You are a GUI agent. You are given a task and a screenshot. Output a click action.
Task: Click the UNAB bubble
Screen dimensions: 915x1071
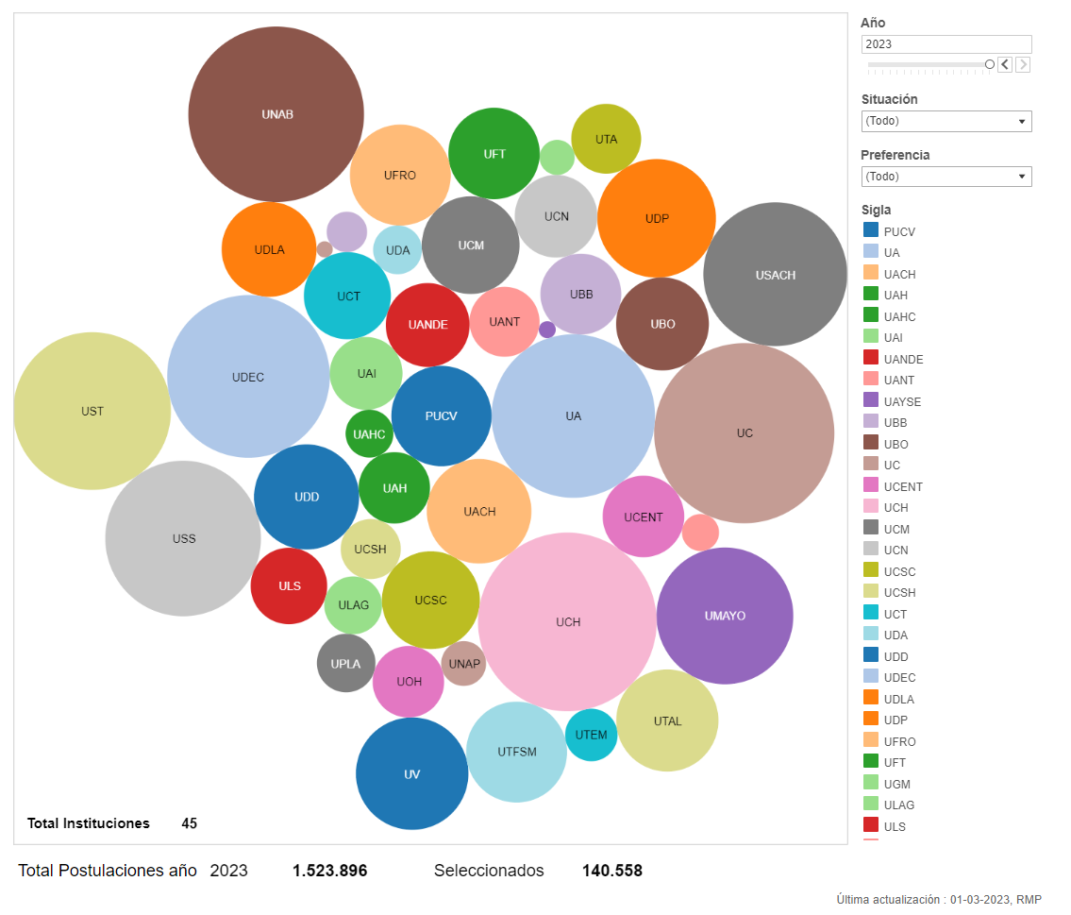pyautogui.click(x=276, y=114)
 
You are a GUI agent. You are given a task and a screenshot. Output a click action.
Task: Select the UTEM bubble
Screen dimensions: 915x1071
pyautogui.click(x=591, y=735)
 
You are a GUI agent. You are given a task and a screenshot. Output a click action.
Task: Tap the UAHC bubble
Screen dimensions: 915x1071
pyautogui.click(x=369, y=434)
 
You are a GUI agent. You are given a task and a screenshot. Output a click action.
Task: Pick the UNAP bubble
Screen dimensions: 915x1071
pyautogui.click(x=463, y=663)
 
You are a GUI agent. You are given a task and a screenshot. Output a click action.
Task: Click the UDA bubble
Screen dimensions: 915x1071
pyautogui.click(x=397, y=250)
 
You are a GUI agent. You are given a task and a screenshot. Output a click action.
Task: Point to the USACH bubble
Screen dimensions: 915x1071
pyautogui.click(x=775, y=275)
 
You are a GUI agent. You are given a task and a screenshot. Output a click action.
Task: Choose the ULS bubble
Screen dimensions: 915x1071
pyautogui.click(x=289, y=585)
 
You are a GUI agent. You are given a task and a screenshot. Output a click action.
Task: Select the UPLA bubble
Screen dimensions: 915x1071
pyautogui.click(x=345, y=663)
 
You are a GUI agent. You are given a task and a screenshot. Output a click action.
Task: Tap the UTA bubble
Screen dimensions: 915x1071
pyautogui.click(x=606, y=139)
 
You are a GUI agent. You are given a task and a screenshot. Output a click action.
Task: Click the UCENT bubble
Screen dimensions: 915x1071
pyautogui.click(x=643, y=517)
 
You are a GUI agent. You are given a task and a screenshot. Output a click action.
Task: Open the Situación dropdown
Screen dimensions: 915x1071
pyautogui.click(x=945, y=121)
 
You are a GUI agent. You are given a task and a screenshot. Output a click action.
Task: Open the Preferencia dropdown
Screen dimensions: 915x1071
pyautogui.click(x=945, y=177)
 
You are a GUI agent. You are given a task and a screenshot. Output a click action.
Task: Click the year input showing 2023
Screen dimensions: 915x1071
pyautogui.click(x=945, y=44)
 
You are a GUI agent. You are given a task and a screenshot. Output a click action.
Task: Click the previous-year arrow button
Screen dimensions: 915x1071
pyautogui.click(x=1005, y=64)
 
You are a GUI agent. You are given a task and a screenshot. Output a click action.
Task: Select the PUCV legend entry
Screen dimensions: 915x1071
pyautogui.click(x=898, y=231)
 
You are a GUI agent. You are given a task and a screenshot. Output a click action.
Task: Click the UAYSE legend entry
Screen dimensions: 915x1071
pyautogui.click(x=901, y=401)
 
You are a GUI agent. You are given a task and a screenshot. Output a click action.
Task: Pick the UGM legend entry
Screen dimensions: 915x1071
pyautogui.click(x=896, y=784)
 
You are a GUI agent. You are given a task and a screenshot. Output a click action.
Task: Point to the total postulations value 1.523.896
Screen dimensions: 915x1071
pyautogui.click(x=329, y=871)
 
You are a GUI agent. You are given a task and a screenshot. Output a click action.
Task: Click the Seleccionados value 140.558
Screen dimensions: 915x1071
pyautogui.click(x=611, y=871)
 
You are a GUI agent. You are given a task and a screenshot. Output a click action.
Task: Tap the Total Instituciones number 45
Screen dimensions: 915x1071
pyautogui.click(x=189, y=823)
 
